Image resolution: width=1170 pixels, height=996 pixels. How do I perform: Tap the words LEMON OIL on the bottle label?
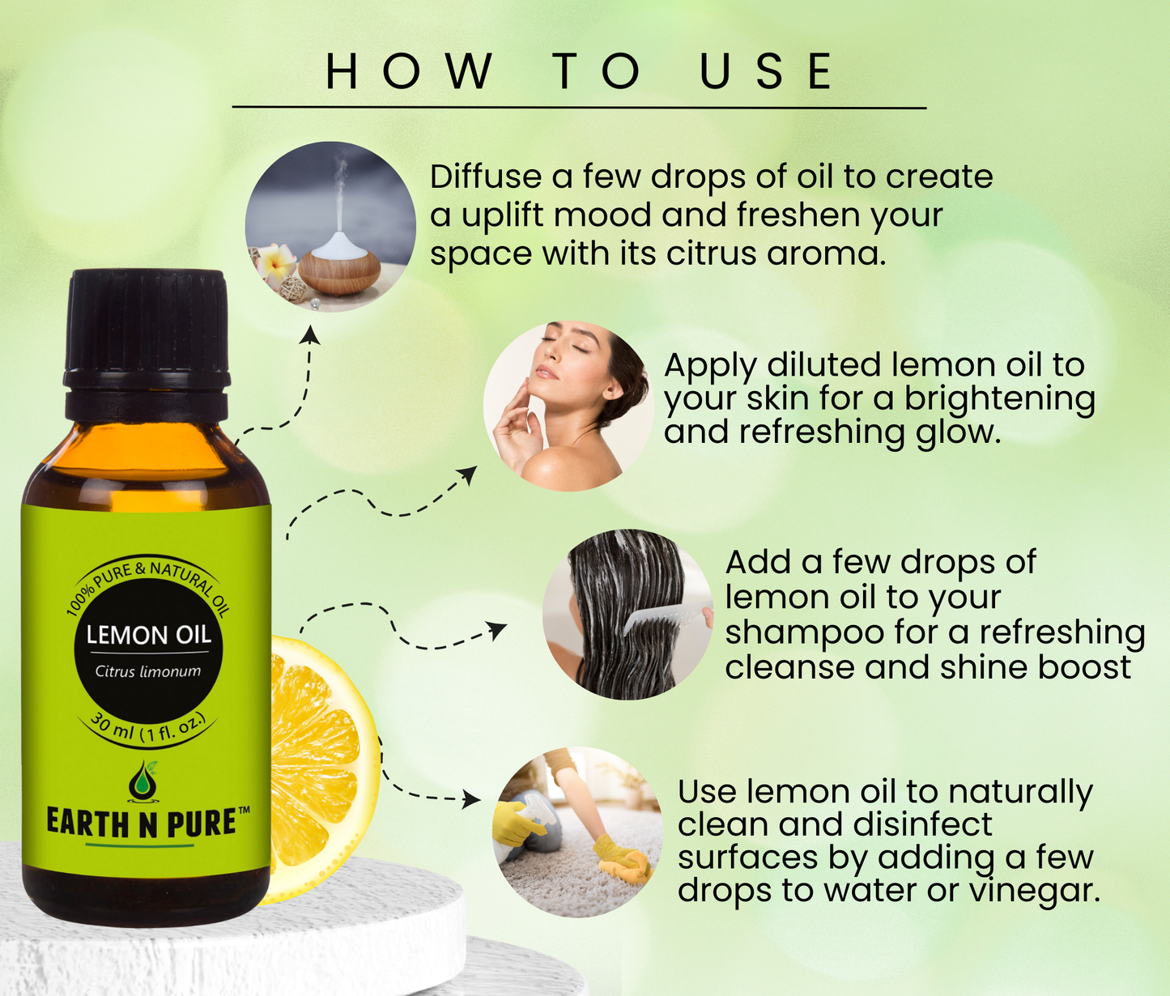[x=148, y=635]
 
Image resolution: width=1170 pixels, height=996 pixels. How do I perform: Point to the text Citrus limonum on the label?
[x=147, y=671]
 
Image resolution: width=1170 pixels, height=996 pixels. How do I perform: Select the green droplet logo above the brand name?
[x=143, y=781]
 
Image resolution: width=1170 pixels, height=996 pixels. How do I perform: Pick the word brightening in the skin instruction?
[x=999, y=400]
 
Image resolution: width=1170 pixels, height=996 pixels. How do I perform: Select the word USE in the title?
[x=767, y=70]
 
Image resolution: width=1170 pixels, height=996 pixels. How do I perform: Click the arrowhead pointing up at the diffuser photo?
[x=309, y=334]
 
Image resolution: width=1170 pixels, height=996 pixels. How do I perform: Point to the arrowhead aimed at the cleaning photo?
[x=471, y=799]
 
